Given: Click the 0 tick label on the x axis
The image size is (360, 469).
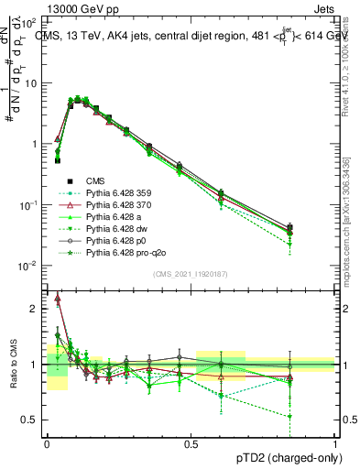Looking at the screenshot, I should click(47, 444).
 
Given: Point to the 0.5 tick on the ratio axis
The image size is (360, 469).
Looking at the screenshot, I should click(31, 420).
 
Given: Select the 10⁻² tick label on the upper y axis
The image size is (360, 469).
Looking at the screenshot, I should click(29, 266).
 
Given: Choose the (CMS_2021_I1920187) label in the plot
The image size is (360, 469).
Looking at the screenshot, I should click(190, 272).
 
